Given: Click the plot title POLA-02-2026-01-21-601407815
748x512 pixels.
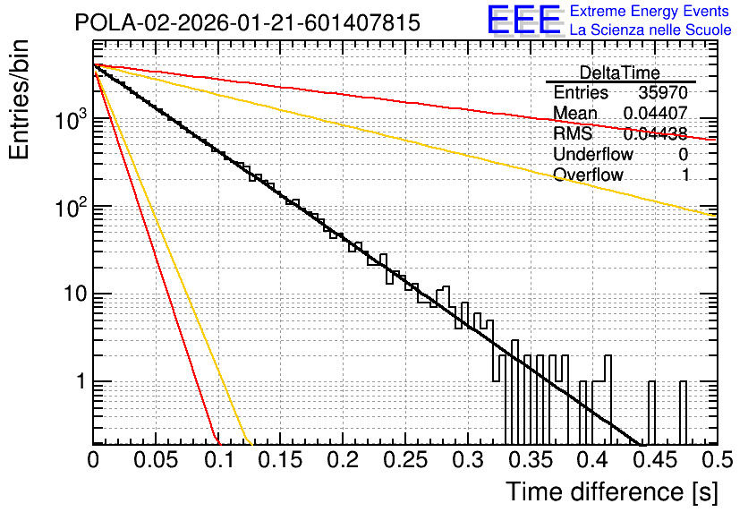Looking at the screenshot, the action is pos(248,22).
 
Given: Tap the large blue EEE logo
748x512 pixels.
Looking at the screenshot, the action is pos(524,20).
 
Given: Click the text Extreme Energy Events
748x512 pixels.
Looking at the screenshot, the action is pos(650,11).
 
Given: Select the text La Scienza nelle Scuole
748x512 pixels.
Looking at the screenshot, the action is pos(650,30).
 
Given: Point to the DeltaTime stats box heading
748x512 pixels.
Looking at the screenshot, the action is pos(620,73).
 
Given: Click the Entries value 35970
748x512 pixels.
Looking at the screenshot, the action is pos(663,92).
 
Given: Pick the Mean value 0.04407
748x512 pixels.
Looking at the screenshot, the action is pos(656,113).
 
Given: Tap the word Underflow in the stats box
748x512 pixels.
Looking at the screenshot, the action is pos(593,154).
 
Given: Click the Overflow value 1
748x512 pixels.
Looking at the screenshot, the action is pos(685,175).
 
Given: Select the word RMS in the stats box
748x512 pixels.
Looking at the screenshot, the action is pos(573,133).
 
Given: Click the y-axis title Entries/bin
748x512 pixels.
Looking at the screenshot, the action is pos(19,100).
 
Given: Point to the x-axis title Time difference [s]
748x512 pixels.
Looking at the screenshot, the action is pos(612,491).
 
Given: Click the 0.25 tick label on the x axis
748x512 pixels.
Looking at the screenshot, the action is pos(405,460).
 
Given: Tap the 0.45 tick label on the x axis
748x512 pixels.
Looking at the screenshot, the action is pos(656,460).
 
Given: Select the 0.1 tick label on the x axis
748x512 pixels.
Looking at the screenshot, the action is pos(219,460).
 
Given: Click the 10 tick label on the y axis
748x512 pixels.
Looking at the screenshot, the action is pos(76,294).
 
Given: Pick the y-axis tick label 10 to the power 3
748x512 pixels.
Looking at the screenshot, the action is pos(72,119).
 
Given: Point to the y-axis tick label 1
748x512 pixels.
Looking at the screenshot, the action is pos(81,381).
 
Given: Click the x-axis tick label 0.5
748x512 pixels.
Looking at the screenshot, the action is pos(718,460).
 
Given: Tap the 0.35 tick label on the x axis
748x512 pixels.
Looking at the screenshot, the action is pos(531,460).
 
